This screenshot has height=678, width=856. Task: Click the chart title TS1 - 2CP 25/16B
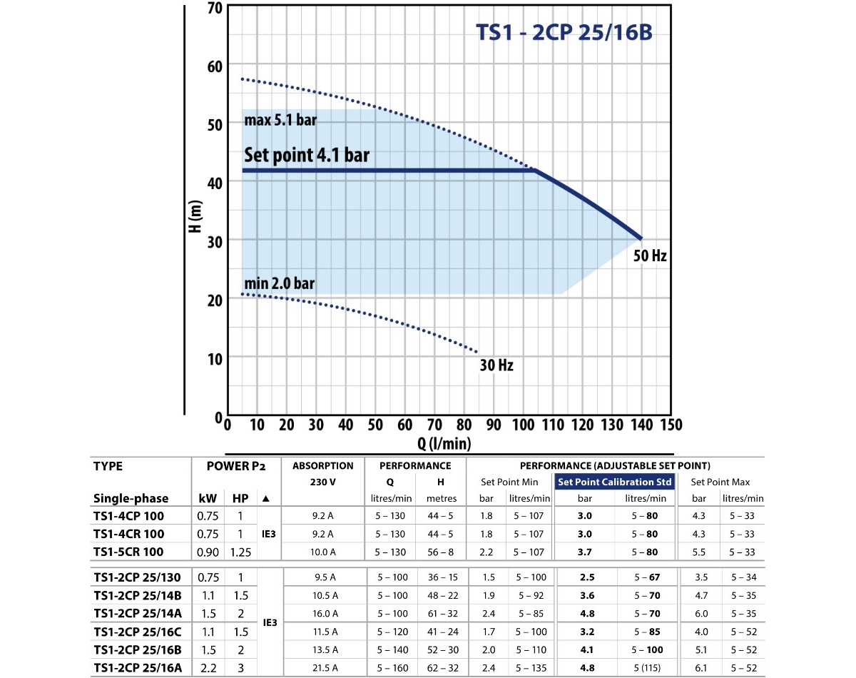564,34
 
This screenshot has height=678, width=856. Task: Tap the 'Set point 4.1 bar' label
307,155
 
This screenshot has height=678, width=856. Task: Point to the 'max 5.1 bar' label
280,120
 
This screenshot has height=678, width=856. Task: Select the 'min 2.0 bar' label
279,283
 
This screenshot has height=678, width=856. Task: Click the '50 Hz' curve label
650,255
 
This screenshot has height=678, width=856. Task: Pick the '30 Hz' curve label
496,365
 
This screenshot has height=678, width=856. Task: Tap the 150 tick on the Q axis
670,425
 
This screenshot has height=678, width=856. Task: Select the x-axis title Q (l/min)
444,443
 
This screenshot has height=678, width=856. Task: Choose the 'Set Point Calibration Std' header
615,482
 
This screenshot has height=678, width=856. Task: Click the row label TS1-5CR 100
128,552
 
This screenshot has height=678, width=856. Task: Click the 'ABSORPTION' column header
323,465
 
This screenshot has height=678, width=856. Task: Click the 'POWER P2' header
235,466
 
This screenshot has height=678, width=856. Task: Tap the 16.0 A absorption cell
324,613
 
